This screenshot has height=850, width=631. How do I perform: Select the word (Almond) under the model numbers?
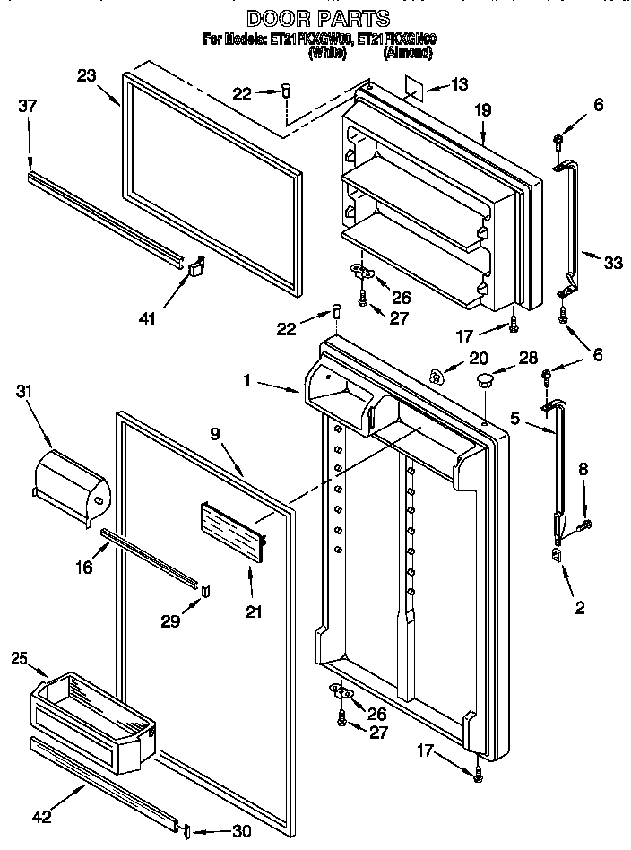[408, 54]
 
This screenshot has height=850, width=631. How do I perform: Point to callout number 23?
[87, 76]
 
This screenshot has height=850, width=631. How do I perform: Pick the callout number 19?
[483, 111]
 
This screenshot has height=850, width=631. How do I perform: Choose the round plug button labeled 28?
[486, 381]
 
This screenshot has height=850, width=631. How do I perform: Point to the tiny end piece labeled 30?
[186, 831]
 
